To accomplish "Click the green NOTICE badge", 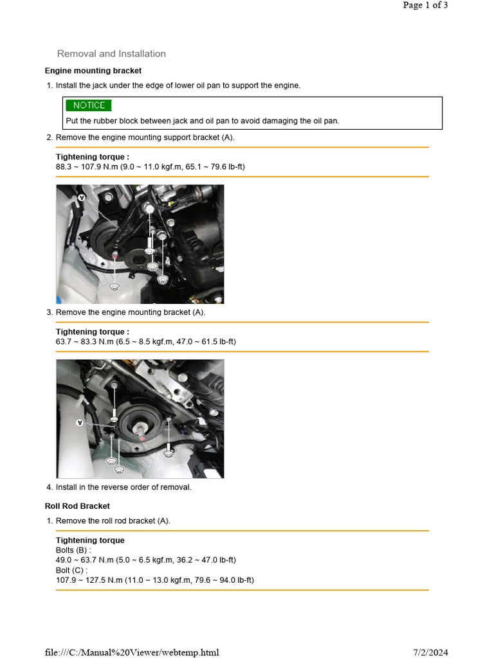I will click(x=88, y=105).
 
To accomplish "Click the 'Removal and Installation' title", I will click(x=111, y=54).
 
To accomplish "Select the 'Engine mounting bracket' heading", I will click(x=93, y=71).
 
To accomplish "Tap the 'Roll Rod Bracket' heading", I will click(x=77, y=506).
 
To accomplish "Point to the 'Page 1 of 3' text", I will click(x=425, y=5).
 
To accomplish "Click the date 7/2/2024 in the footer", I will click(x=429, y=652).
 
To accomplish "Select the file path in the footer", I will click(x=132, y=652).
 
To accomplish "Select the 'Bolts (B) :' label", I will click(x=73, y=551).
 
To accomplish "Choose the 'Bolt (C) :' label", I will click(x=71, y=571).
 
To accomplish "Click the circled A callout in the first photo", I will click(x=82, y=199).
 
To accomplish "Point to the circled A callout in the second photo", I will click(x=80, y=423).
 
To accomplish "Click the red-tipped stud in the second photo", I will click(x=141, y=437).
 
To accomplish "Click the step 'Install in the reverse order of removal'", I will click(x=123, y=487).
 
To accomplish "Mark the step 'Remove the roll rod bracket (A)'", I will click(x=113, y=521).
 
